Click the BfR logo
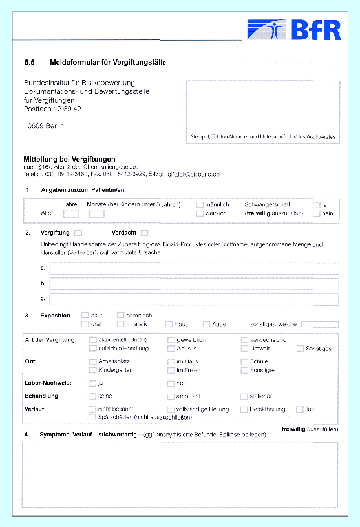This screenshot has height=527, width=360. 294,30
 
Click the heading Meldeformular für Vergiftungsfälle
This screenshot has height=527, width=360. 108,63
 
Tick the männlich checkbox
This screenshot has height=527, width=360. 200,205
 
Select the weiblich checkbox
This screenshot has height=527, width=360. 200,213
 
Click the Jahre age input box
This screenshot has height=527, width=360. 71,213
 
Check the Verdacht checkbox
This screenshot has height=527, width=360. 144,233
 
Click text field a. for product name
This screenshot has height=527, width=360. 194,269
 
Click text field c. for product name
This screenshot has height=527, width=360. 194,299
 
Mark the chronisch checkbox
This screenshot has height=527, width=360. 121,316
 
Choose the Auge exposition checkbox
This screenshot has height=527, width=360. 206,324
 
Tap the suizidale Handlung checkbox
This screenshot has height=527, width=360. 92,349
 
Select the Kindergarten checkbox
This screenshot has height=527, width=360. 92,371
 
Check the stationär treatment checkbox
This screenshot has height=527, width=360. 244,396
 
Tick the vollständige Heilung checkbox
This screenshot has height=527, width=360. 171,409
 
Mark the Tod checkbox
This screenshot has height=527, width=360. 300,409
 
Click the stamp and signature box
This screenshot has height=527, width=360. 262,111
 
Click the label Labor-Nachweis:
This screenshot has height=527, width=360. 48,383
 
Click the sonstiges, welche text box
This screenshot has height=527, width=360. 319,324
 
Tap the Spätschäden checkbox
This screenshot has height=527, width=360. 92,417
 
